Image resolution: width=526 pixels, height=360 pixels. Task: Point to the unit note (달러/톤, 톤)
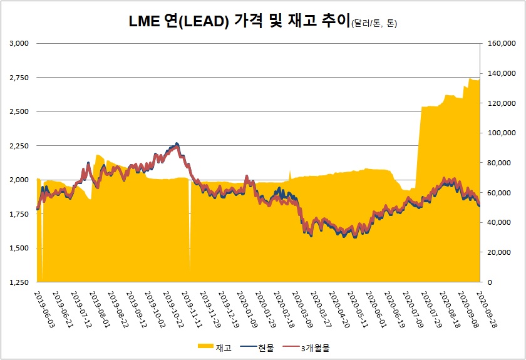pos(369,24)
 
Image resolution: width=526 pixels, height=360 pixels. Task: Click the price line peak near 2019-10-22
pos(177,144)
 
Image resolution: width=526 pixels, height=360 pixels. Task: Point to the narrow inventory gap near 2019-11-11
pos(190,232)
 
